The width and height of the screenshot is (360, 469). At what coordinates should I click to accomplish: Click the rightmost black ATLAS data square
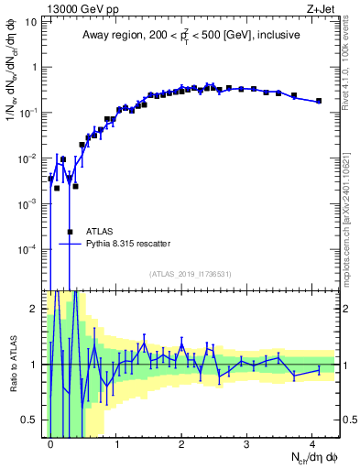point(319,101)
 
